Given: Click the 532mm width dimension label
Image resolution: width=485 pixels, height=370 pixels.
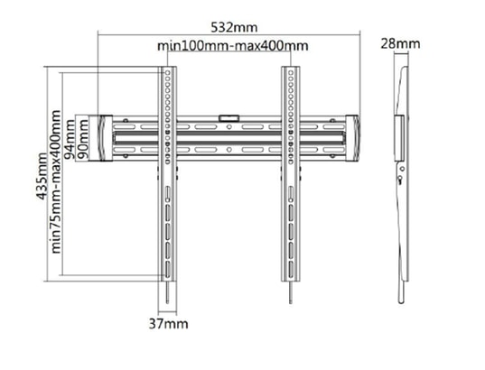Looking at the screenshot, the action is (234, 27).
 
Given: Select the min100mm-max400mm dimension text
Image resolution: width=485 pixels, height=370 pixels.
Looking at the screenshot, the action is (233, 46).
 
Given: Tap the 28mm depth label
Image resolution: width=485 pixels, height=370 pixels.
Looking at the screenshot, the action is (400, 43).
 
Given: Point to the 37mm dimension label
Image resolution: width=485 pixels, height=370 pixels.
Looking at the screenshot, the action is (168, 324).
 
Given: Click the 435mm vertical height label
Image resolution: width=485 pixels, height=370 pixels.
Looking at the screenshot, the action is (42, 176).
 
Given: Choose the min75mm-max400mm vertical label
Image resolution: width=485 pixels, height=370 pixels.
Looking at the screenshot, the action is (56, 181).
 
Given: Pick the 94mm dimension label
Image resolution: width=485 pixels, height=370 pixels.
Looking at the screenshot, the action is (69, 139).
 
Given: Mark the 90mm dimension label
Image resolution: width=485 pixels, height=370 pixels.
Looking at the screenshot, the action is (82, 139).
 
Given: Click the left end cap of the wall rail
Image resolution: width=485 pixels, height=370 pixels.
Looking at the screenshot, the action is (105, 138).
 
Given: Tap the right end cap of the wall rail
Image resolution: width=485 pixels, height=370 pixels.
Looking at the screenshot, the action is (352, 138).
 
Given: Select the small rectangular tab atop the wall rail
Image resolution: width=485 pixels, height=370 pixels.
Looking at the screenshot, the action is (229, 118).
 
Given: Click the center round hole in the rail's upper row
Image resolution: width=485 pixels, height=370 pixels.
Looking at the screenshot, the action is (229, 126).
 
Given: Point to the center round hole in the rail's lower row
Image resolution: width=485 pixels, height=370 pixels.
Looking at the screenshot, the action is (229, 150).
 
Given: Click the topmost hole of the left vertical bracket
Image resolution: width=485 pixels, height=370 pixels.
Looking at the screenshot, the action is (167, 73).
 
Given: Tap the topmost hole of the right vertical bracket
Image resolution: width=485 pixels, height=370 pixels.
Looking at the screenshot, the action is (291, 73).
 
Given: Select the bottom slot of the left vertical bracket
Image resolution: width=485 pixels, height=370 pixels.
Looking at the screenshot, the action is (167, 270).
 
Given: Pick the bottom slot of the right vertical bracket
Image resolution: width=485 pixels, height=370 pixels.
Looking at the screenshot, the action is (291, 270).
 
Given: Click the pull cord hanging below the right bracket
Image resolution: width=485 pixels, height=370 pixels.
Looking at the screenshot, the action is (291, 292).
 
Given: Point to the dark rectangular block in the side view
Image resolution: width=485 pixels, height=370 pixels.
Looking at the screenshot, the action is (399, 138).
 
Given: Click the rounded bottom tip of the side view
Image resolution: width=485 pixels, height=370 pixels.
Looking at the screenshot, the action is (401, 301).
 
